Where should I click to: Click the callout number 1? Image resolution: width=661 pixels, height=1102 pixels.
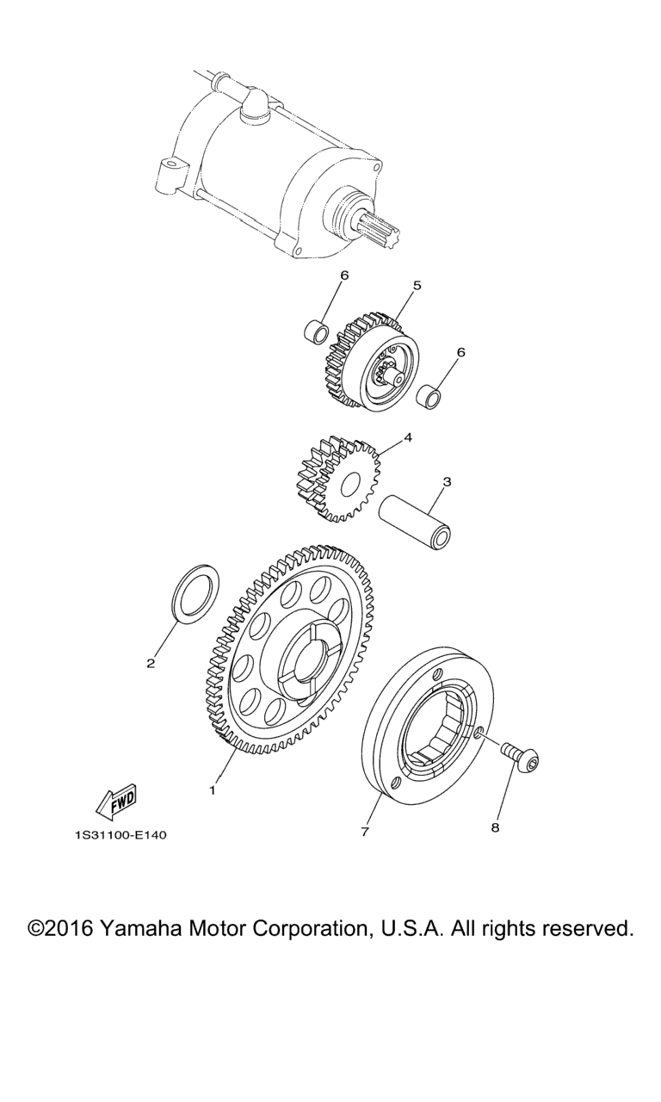pos(213,791)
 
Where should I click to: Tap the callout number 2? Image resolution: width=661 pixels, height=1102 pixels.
pos(151,663)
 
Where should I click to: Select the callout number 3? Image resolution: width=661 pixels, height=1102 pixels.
pos(447,482)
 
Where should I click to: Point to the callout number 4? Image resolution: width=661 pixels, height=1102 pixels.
pos(407,436)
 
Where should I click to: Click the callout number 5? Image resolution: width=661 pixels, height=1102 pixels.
pos(417,285)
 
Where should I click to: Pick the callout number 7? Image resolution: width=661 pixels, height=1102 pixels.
pos(364,832)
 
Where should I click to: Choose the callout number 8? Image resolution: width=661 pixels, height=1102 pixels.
pos(495,827)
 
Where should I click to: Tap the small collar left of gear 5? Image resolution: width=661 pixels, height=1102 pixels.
pos(316,331)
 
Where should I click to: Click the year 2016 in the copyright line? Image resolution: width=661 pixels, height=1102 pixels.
pos(71,929)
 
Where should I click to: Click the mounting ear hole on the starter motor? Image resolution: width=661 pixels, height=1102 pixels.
pos(170,162)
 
